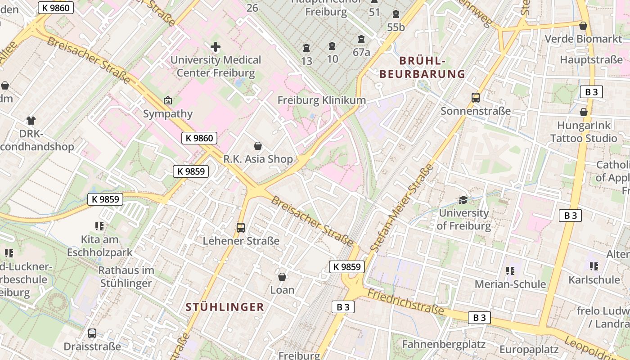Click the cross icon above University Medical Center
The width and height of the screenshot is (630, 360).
click(216, 47)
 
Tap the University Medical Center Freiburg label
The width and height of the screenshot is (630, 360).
click(216, 66)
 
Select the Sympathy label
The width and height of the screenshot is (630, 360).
click(168, 114)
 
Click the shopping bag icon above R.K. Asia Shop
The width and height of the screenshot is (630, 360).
click(258, 146)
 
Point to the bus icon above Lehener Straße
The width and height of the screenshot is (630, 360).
click(241, 228)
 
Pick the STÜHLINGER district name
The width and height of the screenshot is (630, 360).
click(225, 307)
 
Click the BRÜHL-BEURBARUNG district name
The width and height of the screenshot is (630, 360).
click(422, 67)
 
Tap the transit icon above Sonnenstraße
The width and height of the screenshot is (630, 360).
click(475, 97)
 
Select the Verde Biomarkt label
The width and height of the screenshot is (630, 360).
click(583, 39)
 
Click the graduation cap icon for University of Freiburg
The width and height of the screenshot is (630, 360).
click(463, 200)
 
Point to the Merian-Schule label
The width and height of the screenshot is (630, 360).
click(510, 284)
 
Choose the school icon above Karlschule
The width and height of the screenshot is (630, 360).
click(594, 266)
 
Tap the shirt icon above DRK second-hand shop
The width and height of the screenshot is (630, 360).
click(31, 121)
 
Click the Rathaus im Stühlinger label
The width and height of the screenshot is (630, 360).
click(126, 277)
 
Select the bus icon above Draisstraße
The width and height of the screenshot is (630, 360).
click(92, 333)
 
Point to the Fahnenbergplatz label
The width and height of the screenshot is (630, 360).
click(444, 345)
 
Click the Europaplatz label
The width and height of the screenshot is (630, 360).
click(529, 349)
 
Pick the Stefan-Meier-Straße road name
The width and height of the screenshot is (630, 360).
click(402, 207)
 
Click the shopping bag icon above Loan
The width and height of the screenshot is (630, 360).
click(282, 276)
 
